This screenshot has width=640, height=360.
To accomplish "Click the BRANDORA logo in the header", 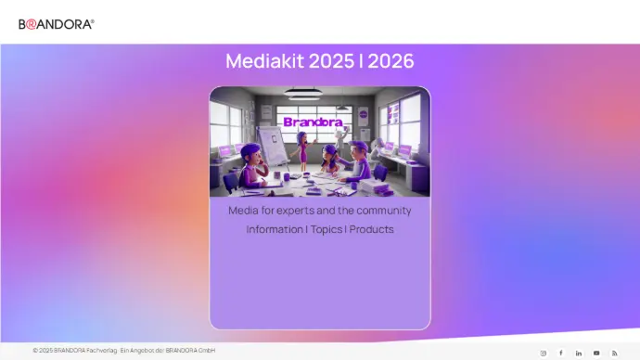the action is coord(57,24).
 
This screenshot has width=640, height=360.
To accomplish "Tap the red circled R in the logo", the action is coord(31,25).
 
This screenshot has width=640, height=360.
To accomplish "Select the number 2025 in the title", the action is coord(331,61).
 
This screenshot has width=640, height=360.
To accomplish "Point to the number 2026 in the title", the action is coord(391,61).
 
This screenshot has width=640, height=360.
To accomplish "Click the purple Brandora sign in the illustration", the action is coord(314,122).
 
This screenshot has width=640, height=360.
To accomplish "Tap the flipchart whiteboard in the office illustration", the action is coord(273,145).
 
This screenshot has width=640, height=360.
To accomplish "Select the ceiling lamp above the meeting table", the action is coord(303,94).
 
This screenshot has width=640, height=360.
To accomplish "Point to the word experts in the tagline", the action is coord(296,211).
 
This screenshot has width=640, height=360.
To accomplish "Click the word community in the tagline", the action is coord(384,211).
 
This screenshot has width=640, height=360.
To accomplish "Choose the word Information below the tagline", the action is coord(275,229).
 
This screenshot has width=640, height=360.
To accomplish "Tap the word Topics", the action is coord(326,229).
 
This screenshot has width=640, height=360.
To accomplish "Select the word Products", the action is coord(371,229).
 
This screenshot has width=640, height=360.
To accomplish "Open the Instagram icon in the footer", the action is coord(544,354).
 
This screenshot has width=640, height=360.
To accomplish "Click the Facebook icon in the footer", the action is coord(561,353).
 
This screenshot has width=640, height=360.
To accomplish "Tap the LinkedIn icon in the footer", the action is coord(579,354).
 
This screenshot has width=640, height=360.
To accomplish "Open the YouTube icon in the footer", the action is coord(596,354).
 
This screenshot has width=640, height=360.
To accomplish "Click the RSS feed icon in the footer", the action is coord(615,354).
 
